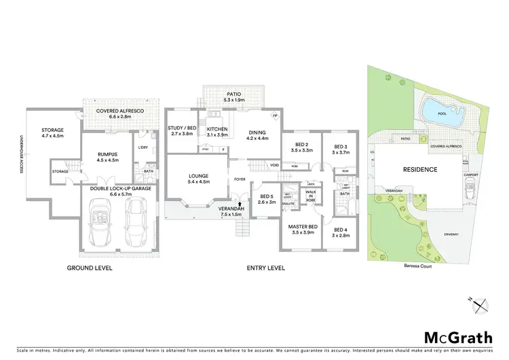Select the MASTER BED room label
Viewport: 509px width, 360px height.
pyautogui.click(x=303, y=229)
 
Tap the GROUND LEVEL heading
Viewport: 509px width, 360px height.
pyautogui.click(x=89, y=268)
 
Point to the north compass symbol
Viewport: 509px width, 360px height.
pyautogui.click(x=479, y=304)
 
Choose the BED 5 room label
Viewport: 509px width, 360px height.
pyautogui.click(x=266, y=199)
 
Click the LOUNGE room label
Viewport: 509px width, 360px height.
pyautogui.click(x=198, y=179)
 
